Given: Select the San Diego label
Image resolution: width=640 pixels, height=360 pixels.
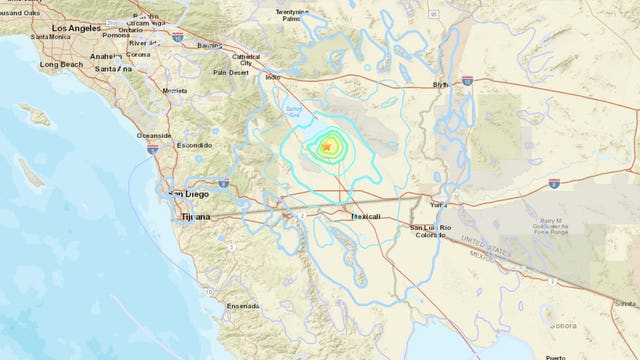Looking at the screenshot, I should tap(189, 194).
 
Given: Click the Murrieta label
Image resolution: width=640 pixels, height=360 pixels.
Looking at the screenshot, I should tap(175, 90).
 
